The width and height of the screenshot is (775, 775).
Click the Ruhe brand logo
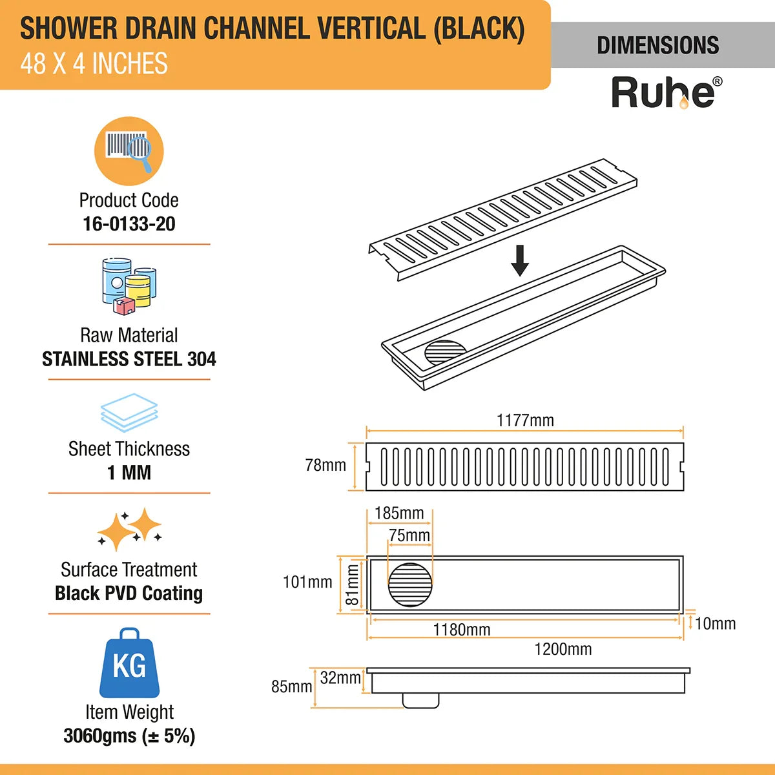click(x=666, y=93)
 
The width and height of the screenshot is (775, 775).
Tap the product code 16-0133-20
click(x=129, y=224)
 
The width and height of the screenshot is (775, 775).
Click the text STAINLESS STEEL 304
click(x=129, y=359)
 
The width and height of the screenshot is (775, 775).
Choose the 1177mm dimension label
click(x=525, y=420)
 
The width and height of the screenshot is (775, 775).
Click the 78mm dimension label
click(x=325, y=465)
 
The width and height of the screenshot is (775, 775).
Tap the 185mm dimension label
click(x=399, y=513)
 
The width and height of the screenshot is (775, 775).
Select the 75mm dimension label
click(x=409, y=535)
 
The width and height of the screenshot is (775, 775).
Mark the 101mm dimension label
click(x=307, y=582)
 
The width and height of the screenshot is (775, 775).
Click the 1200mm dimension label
click(x=563, y=649)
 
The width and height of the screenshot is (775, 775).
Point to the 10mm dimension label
click(x=716, y=624)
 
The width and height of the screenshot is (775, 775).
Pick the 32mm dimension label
click(x=340, y=678)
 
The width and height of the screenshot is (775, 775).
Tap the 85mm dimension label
click(x=291, y=687)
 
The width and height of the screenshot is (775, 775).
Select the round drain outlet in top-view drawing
click(x=410, y=585)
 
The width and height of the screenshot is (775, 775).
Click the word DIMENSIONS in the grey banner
click(x=658, y=45)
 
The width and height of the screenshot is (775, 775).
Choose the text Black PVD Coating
click(x=129, y=594)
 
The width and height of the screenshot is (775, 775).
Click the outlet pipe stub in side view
click(x=420, y=700)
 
